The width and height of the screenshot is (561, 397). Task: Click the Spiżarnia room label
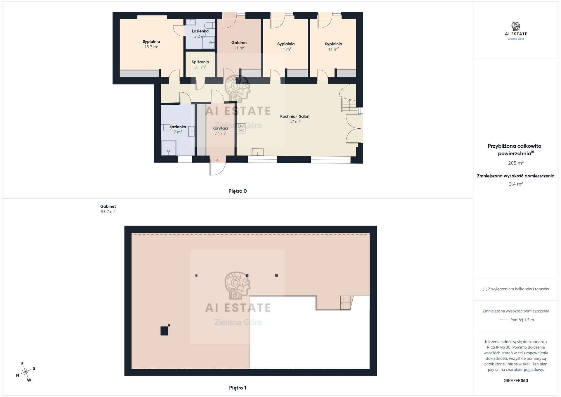200,62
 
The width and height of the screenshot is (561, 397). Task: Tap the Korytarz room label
220,128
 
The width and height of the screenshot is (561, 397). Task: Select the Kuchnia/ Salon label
295,116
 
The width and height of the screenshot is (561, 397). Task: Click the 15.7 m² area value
151,47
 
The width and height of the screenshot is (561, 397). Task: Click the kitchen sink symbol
258,152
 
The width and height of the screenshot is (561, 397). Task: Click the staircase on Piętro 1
347,303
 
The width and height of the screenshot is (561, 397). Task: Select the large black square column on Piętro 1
165,331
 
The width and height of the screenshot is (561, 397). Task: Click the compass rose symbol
26,372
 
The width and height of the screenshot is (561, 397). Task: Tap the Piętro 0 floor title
238,191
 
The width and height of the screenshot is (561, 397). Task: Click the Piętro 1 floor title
238,388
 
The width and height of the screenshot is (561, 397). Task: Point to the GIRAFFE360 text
516,381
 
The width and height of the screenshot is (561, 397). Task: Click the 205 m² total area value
516,163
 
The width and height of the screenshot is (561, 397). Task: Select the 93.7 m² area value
108,212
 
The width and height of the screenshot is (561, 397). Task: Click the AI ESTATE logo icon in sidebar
516,26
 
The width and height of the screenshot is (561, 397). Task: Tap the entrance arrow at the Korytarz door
218,160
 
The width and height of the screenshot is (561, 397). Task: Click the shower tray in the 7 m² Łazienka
169,148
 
